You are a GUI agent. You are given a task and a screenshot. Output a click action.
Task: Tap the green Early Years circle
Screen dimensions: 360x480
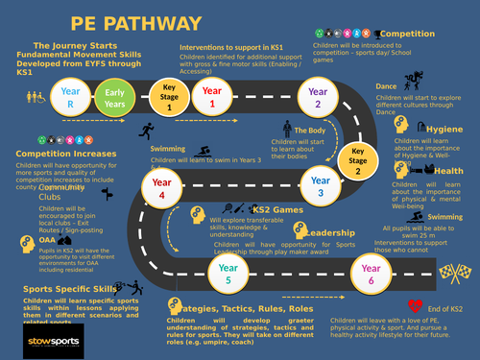point(114,96)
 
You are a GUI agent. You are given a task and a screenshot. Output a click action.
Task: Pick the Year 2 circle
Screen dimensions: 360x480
point(317,96)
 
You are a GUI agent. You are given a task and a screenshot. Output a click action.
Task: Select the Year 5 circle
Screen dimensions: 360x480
point(228,275)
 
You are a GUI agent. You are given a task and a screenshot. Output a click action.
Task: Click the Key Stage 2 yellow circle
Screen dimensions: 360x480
point(356,158)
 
